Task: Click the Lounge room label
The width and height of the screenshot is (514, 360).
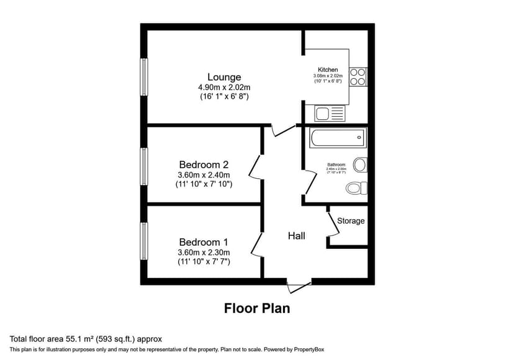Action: [224, 77]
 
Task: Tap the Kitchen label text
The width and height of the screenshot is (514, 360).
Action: [328, 70]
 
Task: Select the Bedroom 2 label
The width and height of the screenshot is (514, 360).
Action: [204, 164]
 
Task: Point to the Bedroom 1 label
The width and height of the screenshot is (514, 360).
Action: [204, 242]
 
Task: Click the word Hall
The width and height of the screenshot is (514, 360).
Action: [296, 236]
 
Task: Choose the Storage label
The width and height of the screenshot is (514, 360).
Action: [351, 220]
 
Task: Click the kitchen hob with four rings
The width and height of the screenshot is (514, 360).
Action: [358, 76]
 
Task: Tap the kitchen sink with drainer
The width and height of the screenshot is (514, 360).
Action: [329, 114]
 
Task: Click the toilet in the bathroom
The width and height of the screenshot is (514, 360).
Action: [358, 187]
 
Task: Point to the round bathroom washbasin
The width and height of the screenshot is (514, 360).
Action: [359, 164]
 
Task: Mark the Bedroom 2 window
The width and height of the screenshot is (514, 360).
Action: [144, 166]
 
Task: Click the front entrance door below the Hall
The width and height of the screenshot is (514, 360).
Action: [299, 286]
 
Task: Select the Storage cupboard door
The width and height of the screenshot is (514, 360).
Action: [333, 222]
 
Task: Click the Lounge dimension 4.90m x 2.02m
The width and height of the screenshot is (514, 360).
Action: [224, 88]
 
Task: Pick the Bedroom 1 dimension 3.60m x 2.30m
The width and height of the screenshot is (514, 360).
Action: [204, 253]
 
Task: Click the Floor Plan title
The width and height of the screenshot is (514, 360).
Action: [256, 308]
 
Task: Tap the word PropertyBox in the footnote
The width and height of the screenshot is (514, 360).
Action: [324, 349]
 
